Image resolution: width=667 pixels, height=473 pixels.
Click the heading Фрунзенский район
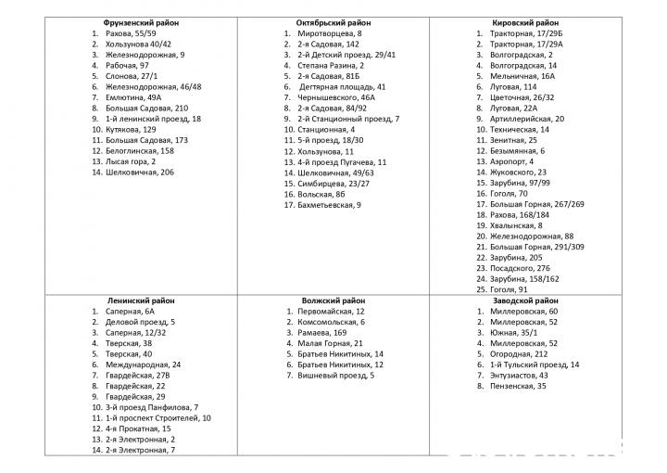click(142, 22)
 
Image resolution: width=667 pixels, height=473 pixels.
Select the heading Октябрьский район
click(333, 22)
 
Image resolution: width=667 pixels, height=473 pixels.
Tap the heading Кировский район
click(525, 22)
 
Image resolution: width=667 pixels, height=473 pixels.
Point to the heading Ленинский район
click(142, 300)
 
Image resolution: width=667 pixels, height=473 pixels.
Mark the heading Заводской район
click(525, 300)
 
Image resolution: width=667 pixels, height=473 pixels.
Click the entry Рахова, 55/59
click(132, 33)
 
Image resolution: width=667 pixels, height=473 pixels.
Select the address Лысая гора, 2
click(131, 161)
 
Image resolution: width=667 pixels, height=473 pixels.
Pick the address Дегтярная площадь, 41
click(343, 86)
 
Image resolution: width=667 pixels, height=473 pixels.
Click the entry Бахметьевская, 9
click(330, 204)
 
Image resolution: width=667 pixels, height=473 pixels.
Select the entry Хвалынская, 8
click(516, 225)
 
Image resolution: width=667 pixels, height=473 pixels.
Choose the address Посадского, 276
click(520, 268)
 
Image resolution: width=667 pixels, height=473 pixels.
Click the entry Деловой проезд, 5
click(140, 322)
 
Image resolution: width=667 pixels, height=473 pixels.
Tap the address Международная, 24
click(144, 364)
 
